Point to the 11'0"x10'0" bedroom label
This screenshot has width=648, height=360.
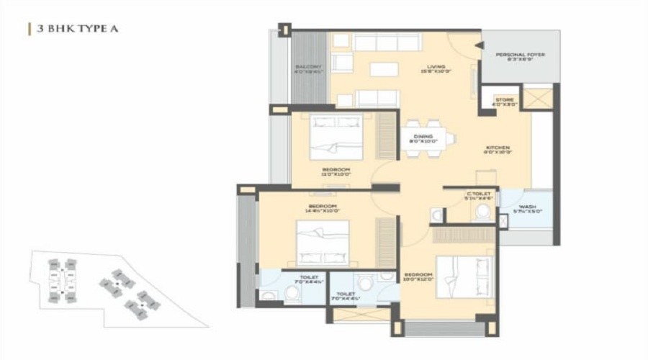336,171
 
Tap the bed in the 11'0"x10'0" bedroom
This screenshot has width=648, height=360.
336,136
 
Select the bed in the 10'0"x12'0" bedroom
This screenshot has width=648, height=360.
465,276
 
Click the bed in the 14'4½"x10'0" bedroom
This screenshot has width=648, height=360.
323,243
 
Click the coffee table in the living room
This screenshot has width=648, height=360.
384,71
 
